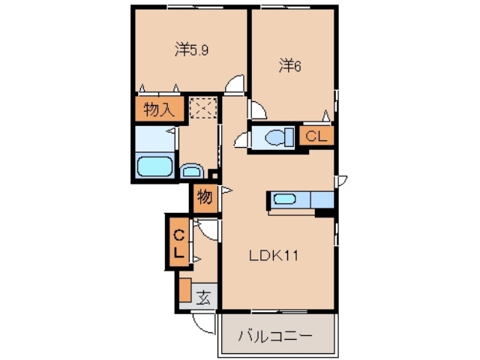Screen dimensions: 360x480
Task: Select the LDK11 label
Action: [274, 256]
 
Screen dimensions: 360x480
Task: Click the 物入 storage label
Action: [158, 110]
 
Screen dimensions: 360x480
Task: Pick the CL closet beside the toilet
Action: [316, 136]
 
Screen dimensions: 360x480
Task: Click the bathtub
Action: [156, 166]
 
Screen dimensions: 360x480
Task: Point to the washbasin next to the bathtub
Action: [191, 170]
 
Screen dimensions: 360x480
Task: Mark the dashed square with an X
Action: [202, 109]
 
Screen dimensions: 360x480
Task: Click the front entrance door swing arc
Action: [202, 322]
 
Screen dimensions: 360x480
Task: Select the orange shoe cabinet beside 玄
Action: [184, 289]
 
